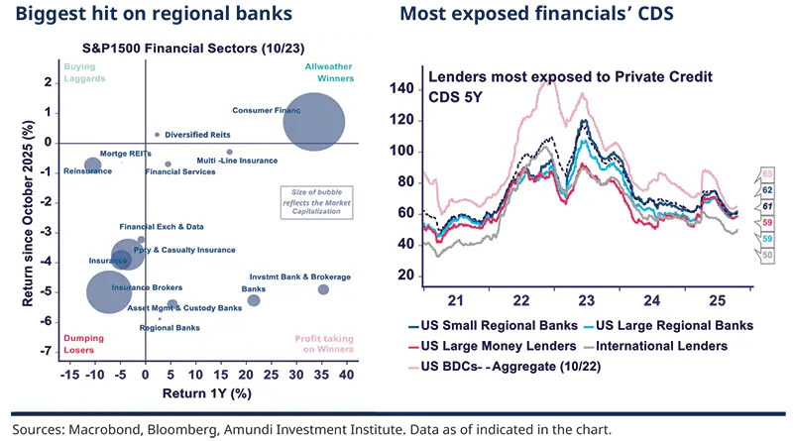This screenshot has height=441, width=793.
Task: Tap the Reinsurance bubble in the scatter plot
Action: (92, 165)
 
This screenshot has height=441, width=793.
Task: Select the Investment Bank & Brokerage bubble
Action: (323, 289)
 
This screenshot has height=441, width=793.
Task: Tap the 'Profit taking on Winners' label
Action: (323, 344)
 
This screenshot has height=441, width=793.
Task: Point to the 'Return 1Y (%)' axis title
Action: (206, 394)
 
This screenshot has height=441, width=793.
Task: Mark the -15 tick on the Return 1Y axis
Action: (69, 376)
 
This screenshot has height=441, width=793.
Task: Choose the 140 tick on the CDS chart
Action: (401, 89)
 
